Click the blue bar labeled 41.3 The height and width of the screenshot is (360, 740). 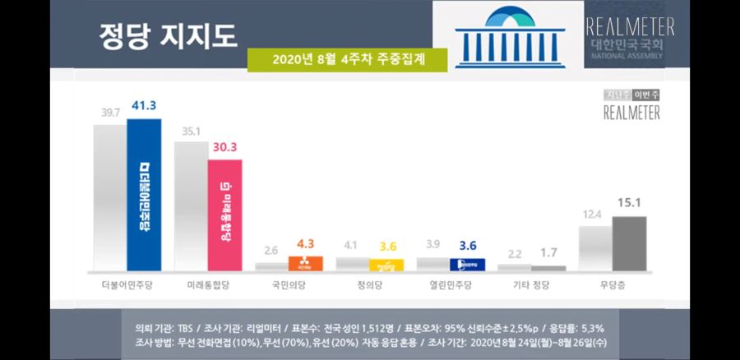(x=144, y=195)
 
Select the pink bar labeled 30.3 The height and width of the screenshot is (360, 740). (x=224, y=215)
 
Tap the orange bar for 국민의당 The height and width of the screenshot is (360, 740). (x=305, y=263)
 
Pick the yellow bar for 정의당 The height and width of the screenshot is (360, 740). (x=386, y=265)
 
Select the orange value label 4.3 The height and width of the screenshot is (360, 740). (x=305, y=243)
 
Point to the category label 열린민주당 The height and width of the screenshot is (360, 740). (x=450, y=286)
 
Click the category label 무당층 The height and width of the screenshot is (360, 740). (x=612, y=286)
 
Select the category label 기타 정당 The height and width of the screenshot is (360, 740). (x=531, y=286)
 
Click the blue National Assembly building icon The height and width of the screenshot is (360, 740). (x=507, y=36)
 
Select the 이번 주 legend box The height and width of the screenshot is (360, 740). (x=646, y=94)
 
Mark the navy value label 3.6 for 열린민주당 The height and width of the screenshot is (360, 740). (x=467, y=245)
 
